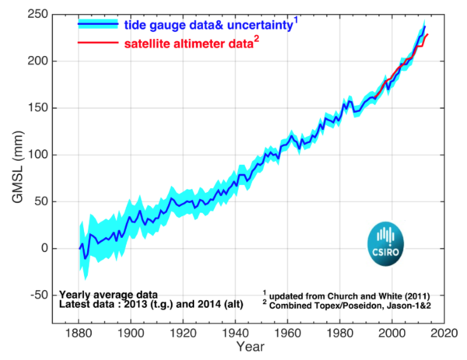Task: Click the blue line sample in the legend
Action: pyautogui.click(x=99, y=25)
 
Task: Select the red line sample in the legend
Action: pyautogui.click(x=99, y=43)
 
